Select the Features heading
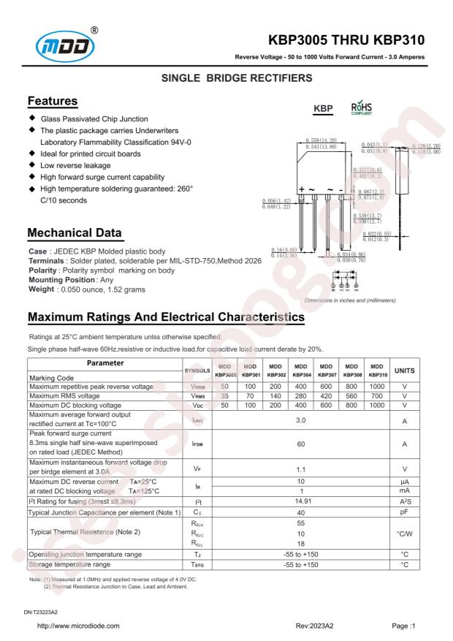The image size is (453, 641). point(52,101)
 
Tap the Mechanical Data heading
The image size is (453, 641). point(75,233)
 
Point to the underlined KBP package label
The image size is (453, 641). point(323,109)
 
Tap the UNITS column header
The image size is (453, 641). point(405,371)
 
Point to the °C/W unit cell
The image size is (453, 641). point(405,533)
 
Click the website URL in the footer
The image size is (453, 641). point(78,626)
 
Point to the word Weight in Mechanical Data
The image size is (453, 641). point(43,289)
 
